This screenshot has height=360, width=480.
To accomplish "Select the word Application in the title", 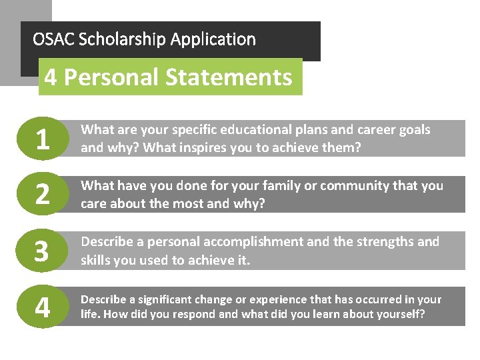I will point(213,40).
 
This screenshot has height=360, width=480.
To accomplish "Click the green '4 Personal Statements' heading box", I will point(169,77).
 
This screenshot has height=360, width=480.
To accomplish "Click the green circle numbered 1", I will point(42,139).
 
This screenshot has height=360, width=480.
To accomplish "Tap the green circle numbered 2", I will point(42,195).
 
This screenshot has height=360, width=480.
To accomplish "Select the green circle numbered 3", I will point(42,251).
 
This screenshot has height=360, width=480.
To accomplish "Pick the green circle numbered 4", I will point(42,307).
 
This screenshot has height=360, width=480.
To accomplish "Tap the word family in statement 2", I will point(275,186).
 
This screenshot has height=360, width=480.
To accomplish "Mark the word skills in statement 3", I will point(97,259).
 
